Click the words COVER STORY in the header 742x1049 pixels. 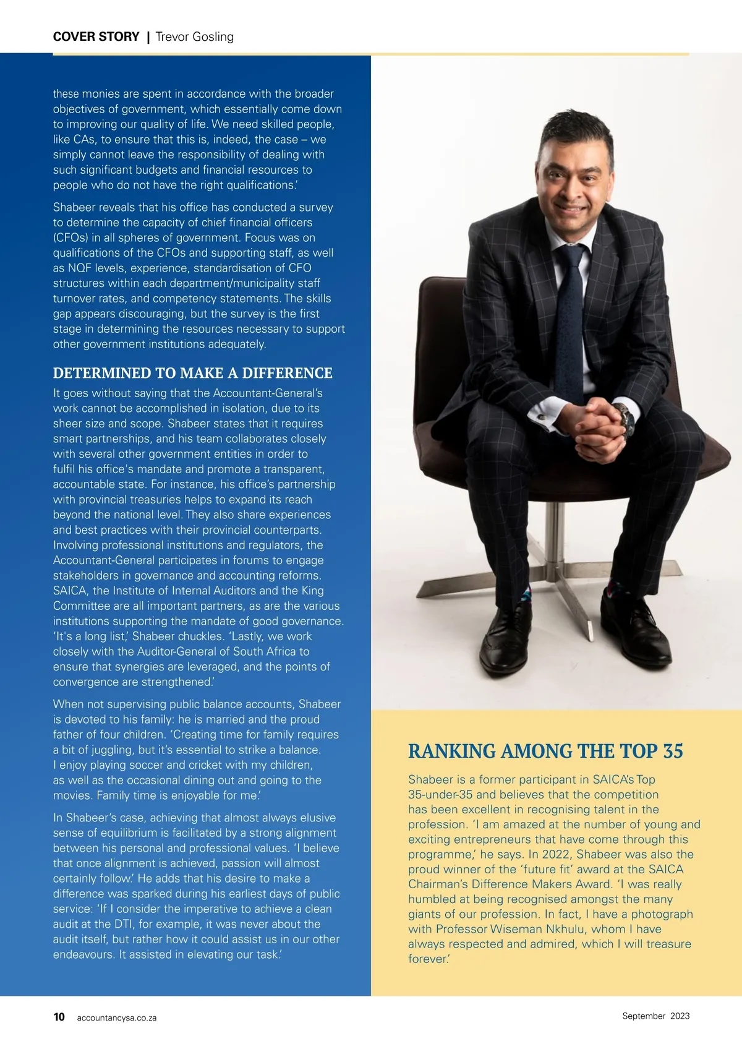pyautogui.click(x=96, y=36)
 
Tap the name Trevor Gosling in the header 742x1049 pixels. pyautogui.click(x=195, y=36)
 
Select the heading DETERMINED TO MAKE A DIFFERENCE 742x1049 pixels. pyautogui.click(x=192, y=373)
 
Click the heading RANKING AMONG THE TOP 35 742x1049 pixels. pyautogui.click(x=545, y=751)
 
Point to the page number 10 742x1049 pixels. pyautogui.click(x=59, y=1017)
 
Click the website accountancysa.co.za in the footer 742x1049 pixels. pyautogui.click(x=117, y=1018)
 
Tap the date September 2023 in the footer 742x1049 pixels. pyautogui.click(x=655, y=1016)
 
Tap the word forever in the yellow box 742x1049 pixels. pyautogui.click(x=427, y=959)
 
